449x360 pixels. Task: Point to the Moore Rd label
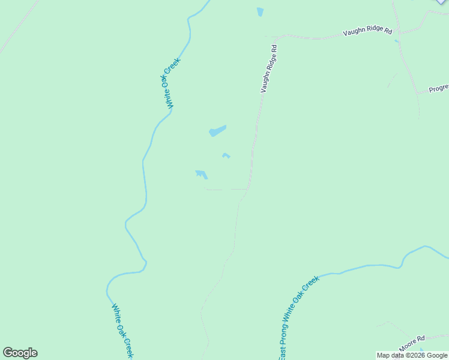tap(412, 343)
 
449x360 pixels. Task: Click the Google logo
tap(20, 353)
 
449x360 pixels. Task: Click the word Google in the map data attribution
tap(437, 356)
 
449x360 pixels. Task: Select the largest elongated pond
tap(217, 131)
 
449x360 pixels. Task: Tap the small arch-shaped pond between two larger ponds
tap(226, 155)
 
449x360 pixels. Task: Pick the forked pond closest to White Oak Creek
tap(201, 175)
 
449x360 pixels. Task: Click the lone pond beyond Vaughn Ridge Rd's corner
tap(260, 12)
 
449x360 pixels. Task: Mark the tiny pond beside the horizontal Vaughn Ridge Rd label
tap(396, 41)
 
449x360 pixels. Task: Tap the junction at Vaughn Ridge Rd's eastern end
tap(400, 31)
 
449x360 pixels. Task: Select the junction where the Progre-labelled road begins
tap(418, 94)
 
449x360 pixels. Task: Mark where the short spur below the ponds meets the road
tap(247, 189)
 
